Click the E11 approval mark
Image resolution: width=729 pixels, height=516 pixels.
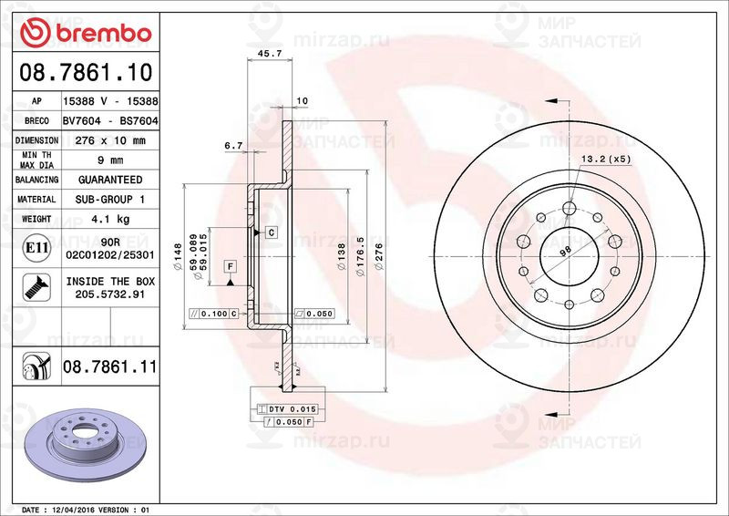pyautogui.click(x=36, y=247)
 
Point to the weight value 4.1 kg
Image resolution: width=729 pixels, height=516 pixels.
pyautogui.click(x=110, y=219)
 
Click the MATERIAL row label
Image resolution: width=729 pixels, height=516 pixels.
pyautogui.click(x=36, y=199)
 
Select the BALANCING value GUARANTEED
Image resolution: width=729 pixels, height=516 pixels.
pyautogui.click(x=110, y=180)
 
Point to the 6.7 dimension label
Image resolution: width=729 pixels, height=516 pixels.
pyautogui.click(x=232, y=146)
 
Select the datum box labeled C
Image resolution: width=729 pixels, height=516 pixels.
pyautogui.click(x=271, y=232)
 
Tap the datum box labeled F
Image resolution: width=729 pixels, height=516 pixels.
pyautogui.click(x=230, y=265)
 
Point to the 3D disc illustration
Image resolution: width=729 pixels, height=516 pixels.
pyautogui.click(x=87, y=440)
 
